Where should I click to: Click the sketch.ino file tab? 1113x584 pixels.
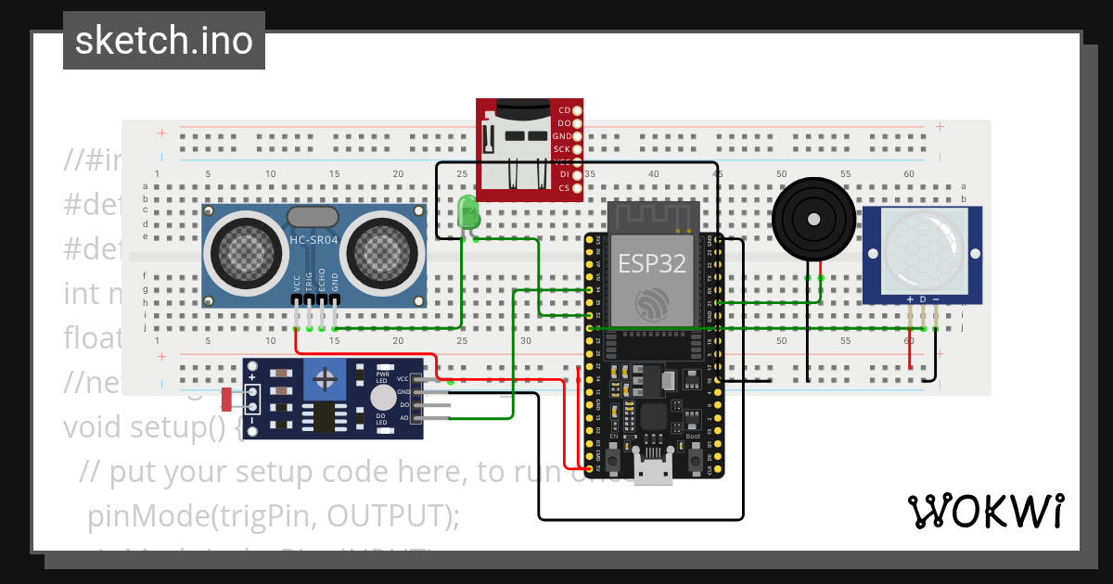pos(163,41)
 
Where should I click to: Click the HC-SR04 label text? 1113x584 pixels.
pos(313,241)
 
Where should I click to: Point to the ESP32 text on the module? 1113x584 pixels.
pos(652,262)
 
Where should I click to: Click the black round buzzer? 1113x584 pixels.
pos(812,220)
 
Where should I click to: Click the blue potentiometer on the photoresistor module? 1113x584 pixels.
pos(325,378)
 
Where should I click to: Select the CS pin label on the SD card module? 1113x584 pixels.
pos(564,188)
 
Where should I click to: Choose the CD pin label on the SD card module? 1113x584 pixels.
pos(564,110)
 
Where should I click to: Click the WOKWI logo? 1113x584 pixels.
pos(985,511)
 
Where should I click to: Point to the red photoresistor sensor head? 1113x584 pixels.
pos(227,400)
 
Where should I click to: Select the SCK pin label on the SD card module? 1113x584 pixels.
pos(562,149)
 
